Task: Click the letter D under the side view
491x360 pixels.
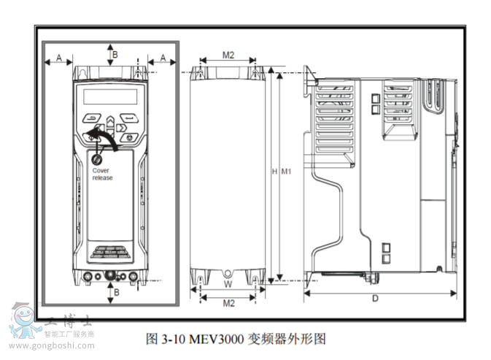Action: (375, 298)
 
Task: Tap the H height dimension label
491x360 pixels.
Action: (274, 172)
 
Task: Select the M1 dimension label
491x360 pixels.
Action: (286, 172)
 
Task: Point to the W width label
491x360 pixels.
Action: (227, 284)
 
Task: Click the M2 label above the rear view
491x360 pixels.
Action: (228, 55)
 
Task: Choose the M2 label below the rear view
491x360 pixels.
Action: (228, 302)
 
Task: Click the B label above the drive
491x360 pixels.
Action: (114, 53)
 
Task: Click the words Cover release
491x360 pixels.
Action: (102, 174)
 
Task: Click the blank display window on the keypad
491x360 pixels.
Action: (110, 96)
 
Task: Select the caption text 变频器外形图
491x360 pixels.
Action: (287, 339)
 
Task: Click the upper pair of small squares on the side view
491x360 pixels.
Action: (376, 104)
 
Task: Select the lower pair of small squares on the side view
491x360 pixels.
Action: (385, 253)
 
